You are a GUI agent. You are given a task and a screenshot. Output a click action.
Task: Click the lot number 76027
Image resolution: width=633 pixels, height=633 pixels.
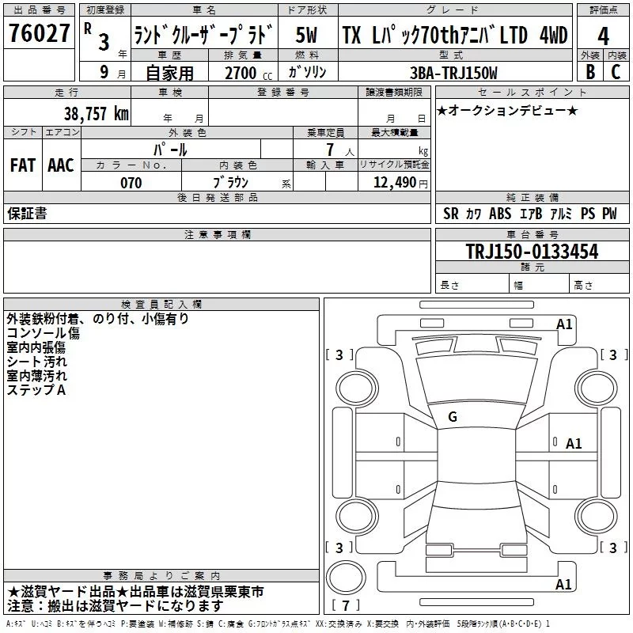39,32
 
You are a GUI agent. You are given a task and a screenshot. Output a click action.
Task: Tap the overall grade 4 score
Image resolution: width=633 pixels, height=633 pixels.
603,36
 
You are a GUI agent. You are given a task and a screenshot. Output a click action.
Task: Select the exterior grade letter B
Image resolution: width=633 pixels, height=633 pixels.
590,71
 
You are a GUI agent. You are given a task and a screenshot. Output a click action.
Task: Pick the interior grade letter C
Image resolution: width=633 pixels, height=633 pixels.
616,71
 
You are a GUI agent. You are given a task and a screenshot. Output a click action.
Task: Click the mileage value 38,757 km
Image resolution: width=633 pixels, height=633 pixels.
96,114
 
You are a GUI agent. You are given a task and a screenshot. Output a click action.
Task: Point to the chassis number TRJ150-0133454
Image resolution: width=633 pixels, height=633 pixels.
532,252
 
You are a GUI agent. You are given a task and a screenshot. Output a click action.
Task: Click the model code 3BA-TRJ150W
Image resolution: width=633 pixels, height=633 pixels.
453,73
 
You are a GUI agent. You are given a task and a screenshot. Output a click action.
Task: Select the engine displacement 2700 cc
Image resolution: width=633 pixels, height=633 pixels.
248,73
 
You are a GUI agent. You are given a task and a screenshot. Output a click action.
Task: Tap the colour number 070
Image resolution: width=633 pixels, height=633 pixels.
131,183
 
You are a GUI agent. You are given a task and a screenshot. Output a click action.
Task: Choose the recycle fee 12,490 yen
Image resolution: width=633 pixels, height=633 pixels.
400,183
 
